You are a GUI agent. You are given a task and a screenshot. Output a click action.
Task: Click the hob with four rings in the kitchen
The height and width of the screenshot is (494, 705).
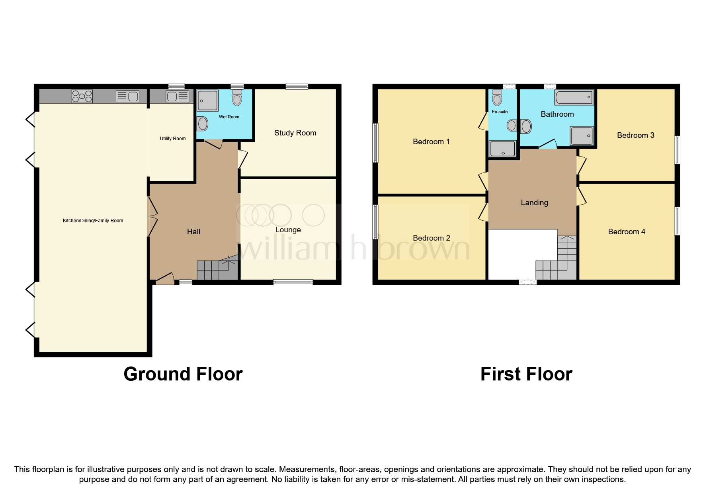click(82, 96)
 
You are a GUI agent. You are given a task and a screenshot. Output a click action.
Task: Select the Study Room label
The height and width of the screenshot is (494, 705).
click(295, 133)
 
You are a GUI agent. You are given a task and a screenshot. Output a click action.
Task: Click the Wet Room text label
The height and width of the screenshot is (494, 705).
click(229, 117)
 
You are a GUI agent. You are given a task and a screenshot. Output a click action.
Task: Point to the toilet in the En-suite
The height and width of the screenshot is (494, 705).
click(497, 97)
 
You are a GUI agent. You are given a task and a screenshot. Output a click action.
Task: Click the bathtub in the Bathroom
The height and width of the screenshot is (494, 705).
click(574, 97)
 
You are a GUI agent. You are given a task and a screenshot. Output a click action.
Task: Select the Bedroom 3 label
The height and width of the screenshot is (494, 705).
click(635, 135)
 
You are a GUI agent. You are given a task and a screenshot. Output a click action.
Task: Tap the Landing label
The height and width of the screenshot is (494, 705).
click(534, 203)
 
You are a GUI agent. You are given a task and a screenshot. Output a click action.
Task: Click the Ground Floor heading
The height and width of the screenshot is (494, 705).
click(183, 374)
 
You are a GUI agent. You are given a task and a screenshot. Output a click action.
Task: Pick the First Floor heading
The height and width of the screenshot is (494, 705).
click(526, 374)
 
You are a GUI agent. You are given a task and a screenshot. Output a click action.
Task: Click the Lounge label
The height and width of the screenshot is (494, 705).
click(288, 230)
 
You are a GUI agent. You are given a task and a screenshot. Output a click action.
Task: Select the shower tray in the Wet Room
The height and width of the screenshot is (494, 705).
click(207, 100)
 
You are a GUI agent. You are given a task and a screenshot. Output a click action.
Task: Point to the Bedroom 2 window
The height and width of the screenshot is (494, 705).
click(375, 222)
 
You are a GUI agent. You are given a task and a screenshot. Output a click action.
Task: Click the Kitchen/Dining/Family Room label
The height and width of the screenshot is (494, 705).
click(93, 221)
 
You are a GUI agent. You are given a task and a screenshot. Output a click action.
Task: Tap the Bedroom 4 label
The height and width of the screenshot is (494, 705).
click(626, 232)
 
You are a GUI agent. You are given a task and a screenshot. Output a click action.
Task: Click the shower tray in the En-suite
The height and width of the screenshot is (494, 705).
click(503, 149)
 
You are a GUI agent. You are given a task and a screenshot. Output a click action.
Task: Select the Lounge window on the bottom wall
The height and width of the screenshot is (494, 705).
click(293, 282)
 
